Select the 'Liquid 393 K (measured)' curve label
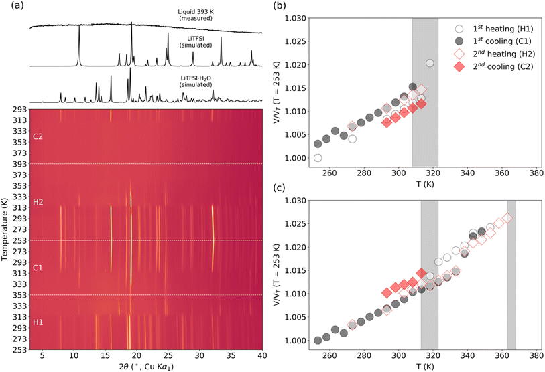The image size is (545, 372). [x=196, y=15]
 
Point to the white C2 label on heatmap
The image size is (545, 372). [x=38, y=136]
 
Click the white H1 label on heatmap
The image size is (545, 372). [x=38, y=322]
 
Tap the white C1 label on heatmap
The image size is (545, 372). [x=38, y=267]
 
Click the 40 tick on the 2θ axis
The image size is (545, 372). [x=261, y=355]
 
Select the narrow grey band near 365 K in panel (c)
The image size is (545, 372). [x=511, y=274]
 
